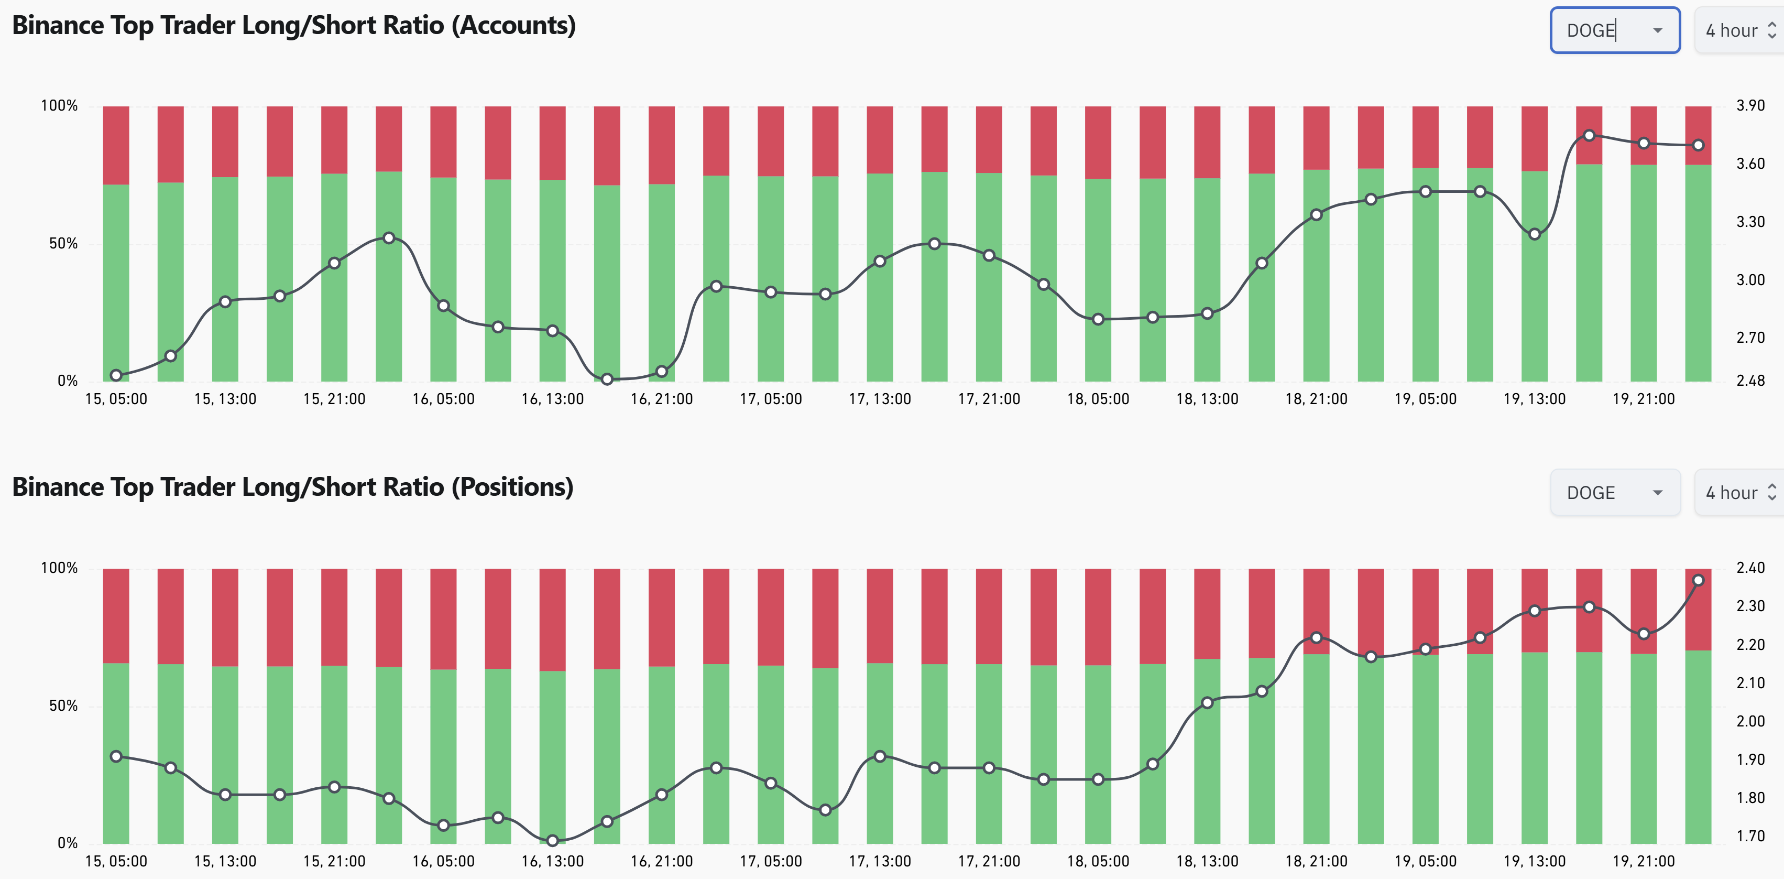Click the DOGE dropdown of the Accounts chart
1614,30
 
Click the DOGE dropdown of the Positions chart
1614,493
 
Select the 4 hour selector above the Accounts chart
1739,30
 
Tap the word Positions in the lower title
512,487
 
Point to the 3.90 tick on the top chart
1749,105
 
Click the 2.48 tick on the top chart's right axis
1749,381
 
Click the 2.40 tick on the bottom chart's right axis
1749,568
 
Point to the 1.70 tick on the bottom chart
1749,836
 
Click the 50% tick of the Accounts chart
63,244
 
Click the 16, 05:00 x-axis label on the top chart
443,399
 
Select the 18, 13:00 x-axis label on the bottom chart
1207,861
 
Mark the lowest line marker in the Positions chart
552,841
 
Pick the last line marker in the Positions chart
1698,580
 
